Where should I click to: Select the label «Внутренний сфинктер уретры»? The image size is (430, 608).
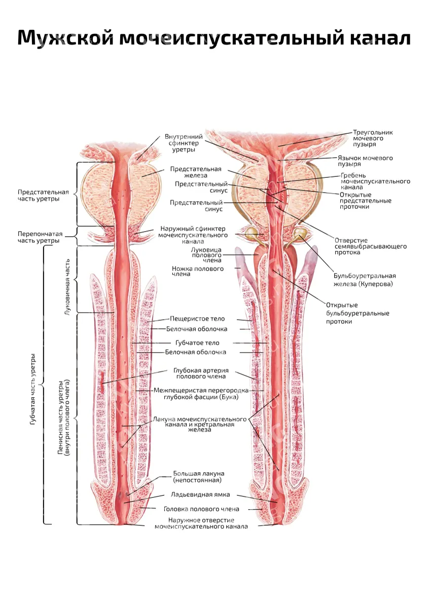pos(184,143)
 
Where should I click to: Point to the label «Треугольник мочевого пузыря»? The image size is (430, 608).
pos(373,138)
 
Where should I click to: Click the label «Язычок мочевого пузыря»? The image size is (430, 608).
pos(365,161)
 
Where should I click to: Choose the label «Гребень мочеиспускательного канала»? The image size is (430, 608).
pos(375,181)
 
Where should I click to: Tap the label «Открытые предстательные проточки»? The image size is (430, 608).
pos(366,201)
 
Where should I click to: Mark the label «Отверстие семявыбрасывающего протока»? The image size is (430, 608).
pos(371,246)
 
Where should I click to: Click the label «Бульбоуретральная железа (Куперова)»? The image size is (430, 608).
pos(365,280)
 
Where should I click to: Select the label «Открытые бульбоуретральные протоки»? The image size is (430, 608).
pos(357,314)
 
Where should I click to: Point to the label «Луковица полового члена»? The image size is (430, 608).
pos(206,255)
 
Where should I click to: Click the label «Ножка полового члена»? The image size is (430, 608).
pos(198,272)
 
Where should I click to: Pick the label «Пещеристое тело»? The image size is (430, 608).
pos(197,319)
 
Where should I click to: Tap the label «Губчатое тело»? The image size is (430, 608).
pos(197,343)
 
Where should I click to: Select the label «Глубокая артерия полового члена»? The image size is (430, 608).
pos(201,373)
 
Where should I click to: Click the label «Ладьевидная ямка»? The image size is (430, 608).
pos(200,495)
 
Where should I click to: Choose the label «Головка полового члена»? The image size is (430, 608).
pos(201,509)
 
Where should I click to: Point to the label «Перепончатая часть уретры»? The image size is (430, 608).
pos(40,237)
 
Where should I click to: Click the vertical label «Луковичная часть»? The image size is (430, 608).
pos(67,287)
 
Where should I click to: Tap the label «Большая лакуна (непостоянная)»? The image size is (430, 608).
pos(199,477)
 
